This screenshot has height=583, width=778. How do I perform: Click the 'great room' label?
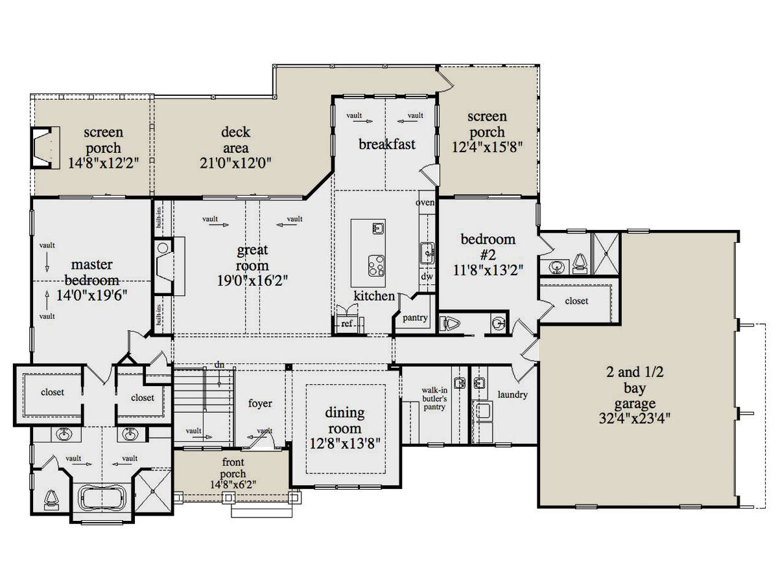tap(252, 258)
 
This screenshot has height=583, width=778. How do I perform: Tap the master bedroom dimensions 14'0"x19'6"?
tap(92, 295)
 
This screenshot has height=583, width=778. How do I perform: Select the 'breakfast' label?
tap(386, 144)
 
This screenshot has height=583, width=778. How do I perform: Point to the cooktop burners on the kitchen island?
tap(375, 266)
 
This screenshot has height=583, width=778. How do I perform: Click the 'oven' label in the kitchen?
tap(425, 202)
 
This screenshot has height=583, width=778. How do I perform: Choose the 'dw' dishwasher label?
tap(427, 276)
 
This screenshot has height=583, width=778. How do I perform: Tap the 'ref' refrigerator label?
tap(347, 323)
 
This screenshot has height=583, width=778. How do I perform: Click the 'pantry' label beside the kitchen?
tap(415, 317)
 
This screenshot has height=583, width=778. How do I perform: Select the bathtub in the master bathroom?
tap(101, 497)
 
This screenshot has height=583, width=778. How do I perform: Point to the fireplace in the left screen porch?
tap(45, 147)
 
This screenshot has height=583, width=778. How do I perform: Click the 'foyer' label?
tap(260, 403)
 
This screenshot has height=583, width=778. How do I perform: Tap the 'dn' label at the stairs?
tap(219, 365)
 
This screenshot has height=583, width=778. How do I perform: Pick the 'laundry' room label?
tap(512, 394)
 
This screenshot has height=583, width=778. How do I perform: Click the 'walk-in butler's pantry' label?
tap(434, 398)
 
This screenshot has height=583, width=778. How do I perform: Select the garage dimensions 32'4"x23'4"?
tap(635, 418)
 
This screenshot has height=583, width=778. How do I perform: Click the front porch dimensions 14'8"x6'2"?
tap(233, 485)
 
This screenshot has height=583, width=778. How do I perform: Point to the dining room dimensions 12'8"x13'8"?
tap(345, 443)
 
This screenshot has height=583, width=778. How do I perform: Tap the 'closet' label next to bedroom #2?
tap(576, 301)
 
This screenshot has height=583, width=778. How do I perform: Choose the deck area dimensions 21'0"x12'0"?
tap(236, 163)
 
